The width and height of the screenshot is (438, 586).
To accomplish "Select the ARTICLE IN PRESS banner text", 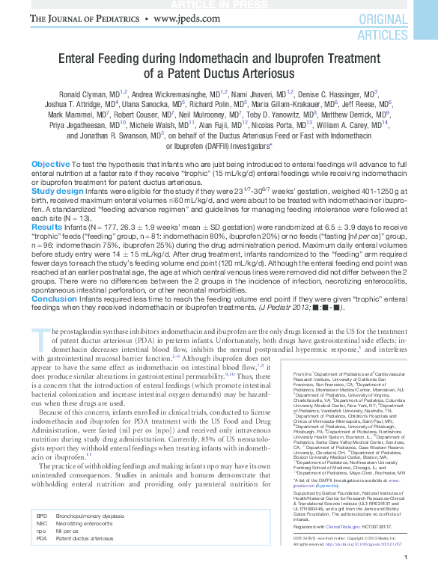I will point(219,4).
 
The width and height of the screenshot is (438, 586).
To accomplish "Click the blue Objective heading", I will point(51,164).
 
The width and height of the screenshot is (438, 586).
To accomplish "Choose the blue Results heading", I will point(46,227).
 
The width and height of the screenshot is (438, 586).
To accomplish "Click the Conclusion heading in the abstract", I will point(54,298).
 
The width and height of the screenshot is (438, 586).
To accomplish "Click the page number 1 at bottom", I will point(404,579).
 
